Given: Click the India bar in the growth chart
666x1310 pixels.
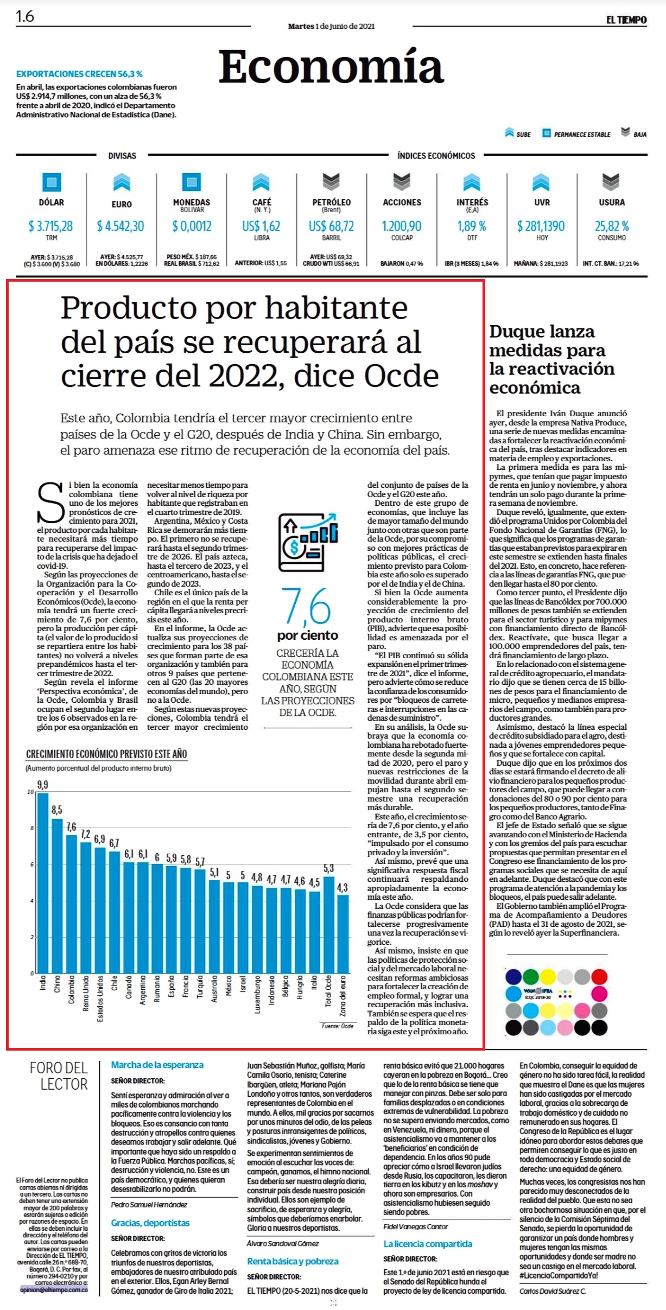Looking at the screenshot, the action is coord(43,883).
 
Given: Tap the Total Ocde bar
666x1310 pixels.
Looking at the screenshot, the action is coord(328,925).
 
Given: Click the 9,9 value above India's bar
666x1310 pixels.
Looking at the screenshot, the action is coord(43,785).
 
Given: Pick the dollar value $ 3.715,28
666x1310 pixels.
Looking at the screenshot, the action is coord(51,226).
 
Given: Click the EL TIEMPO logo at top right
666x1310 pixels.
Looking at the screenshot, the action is coord(626,20).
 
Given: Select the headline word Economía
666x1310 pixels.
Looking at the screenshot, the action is coord(331,66).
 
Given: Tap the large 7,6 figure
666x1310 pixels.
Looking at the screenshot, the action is coord(306,606).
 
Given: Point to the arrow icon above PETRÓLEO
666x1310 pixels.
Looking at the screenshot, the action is coord(331,182).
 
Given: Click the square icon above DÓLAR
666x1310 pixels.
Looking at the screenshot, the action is coord(52,182).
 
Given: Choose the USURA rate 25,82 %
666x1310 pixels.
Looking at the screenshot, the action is coord(612,226).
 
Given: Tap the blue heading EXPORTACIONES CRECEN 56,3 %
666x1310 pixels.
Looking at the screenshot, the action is coord(79,74).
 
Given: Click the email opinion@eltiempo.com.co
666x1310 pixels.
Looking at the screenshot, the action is coord(54,1289).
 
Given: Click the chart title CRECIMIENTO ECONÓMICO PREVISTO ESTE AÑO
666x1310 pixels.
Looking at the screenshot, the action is coord(106,754).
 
